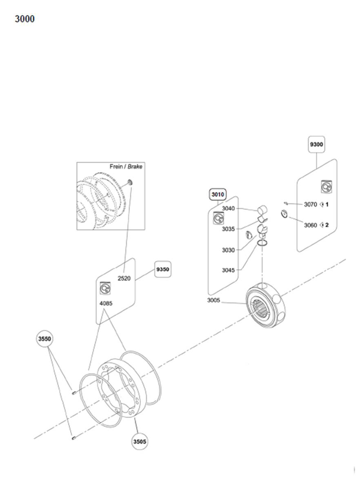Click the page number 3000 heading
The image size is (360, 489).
[x=24, y=19]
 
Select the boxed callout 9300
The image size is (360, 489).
[x=316, y=144]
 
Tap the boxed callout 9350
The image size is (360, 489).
[x=162, y=269]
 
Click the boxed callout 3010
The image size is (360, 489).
[x=218, y=195]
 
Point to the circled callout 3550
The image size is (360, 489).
[x=44, y=339]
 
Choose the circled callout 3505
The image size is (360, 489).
[x=140, y=442]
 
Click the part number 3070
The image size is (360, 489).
[x=310, y=204]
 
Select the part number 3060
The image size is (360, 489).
[x=310, y=225]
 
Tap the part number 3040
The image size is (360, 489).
[x=228, y=208]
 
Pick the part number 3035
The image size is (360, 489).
[x=228, y=229]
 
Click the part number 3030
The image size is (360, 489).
[x=228, y=250]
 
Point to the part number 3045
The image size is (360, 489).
[x=228, y=270]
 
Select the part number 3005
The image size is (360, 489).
[x=214, y=300]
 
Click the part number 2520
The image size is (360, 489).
[x=124, y=278]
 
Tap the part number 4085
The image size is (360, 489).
[x=106, y=303]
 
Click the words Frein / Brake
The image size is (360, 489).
[x=126, y=167]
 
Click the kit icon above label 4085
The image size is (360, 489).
[x=105, y=288]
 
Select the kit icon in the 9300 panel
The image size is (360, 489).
[x=326, y=187]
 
